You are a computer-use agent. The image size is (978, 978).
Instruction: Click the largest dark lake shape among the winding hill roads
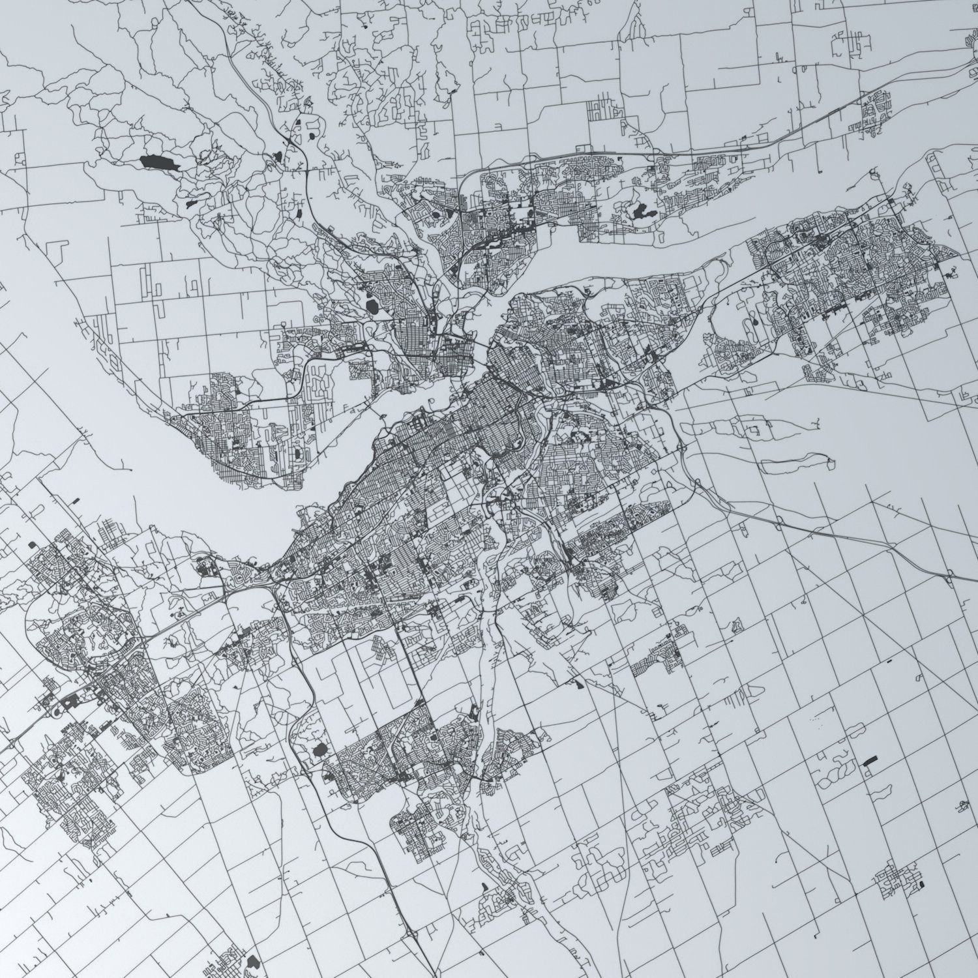pos(157,163)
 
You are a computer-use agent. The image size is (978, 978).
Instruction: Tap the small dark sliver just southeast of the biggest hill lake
pos(191,203)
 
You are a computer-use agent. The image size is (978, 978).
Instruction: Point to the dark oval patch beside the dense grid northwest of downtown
pos(372,306)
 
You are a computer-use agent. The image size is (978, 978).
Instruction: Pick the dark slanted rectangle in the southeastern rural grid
pos(870,761)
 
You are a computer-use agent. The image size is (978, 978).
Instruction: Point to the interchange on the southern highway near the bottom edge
pos(415,935)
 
